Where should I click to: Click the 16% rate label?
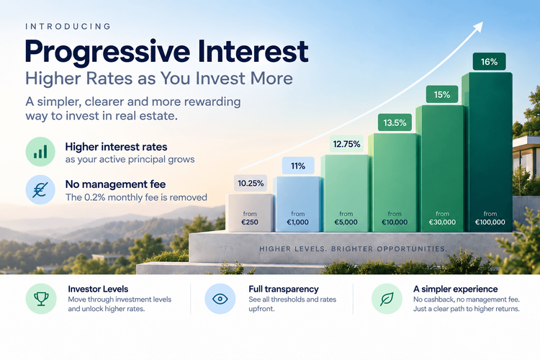point(489,62)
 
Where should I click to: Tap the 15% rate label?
point(442,94)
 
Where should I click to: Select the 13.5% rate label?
point(395,122)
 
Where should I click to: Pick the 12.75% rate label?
point(346,144)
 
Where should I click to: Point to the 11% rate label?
point(298,166)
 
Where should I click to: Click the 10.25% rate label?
point(251,183)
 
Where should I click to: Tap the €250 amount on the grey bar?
point(250,222)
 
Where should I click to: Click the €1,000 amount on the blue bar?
point(298,222)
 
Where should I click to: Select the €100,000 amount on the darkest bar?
point(490,222)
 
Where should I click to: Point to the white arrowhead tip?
point(483,22)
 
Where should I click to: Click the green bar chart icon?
point(40,152)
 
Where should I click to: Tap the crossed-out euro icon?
point(40,189)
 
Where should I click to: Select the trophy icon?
point(41,299)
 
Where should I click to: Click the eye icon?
point(220,299)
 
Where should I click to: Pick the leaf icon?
point(387,299)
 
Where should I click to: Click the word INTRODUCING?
point(68,27)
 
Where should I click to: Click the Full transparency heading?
point(284,289)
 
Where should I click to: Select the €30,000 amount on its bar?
point(442,222)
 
